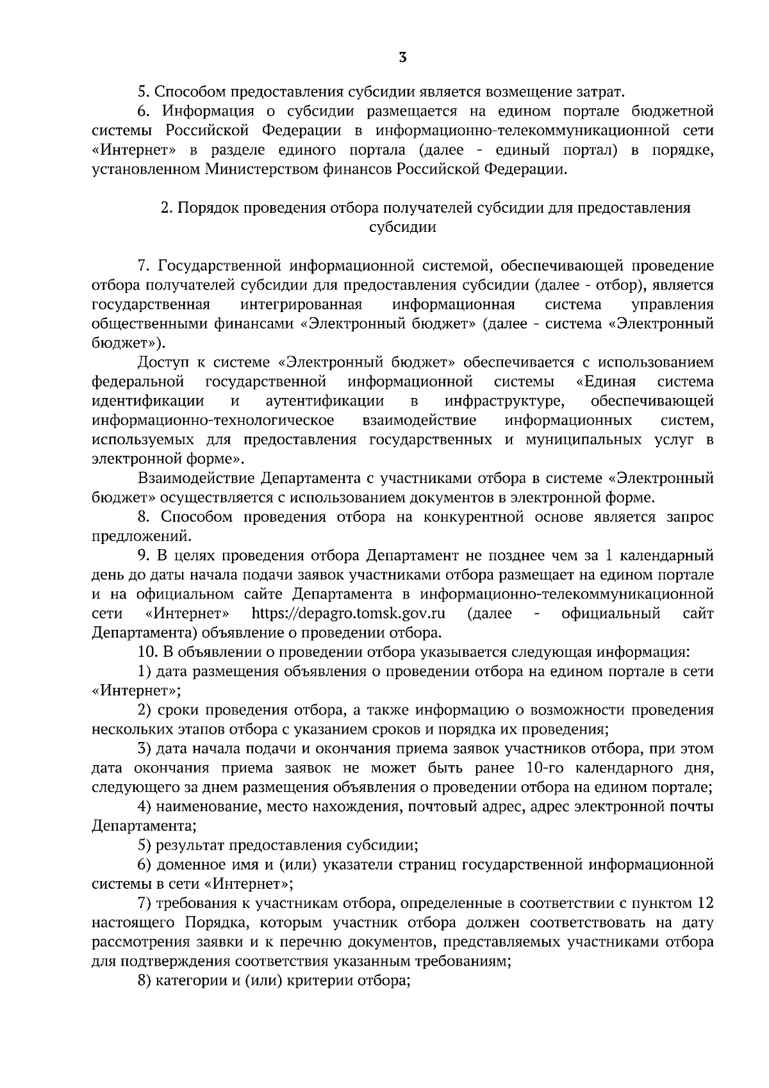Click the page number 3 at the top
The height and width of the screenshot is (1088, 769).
click(x=402, y=58)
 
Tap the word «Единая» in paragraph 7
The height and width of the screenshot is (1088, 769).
click(x=606, y=382)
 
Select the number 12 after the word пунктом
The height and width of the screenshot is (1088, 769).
click(x=704, y=903)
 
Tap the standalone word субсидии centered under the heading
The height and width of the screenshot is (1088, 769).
click(x=403, y=227)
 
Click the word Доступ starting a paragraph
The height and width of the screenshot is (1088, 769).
click(x=163, y=363)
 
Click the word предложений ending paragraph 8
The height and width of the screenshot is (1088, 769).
click(x=141, y=536)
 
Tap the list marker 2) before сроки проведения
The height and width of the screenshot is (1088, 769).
click(x=145, y=710)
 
